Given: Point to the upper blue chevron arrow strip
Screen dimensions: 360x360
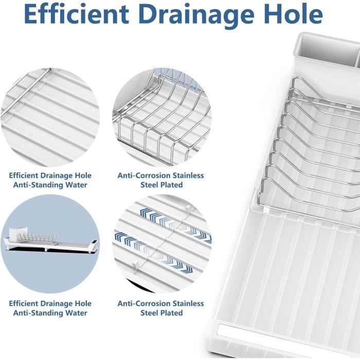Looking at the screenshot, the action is tap(176, 226).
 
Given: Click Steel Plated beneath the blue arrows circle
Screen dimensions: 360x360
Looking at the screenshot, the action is tap(161, 313).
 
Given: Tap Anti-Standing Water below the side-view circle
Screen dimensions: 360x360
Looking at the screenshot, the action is tap(50, 313).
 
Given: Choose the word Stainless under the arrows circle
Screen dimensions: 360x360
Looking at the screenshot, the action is tap(188, 303).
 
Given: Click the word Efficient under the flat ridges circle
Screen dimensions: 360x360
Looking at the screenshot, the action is tap(24, 175).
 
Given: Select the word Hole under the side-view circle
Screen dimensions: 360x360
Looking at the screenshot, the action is tap(83, 303).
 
